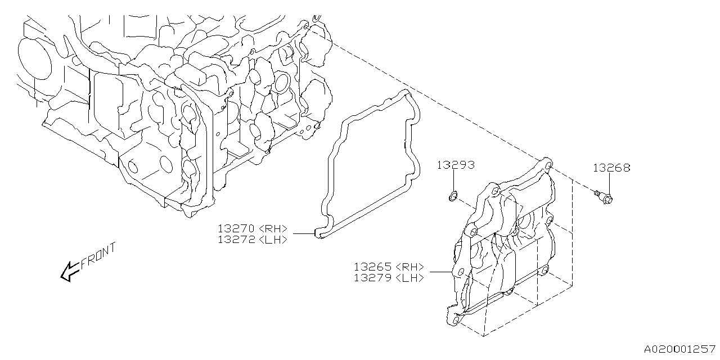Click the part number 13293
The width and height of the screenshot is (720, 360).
456,165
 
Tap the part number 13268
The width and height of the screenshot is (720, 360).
611,168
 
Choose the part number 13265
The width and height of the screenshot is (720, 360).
373,267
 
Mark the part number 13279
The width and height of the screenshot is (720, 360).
373,278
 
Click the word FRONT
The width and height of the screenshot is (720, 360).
98,256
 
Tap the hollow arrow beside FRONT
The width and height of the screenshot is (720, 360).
69,271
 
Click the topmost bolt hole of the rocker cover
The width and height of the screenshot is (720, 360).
545,163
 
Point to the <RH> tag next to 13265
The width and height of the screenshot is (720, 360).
410,267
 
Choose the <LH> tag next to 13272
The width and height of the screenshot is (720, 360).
274,239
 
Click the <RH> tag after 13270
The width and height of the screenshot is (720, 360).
274,228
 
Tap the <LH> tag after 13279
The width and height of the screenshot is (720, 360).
410,278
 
